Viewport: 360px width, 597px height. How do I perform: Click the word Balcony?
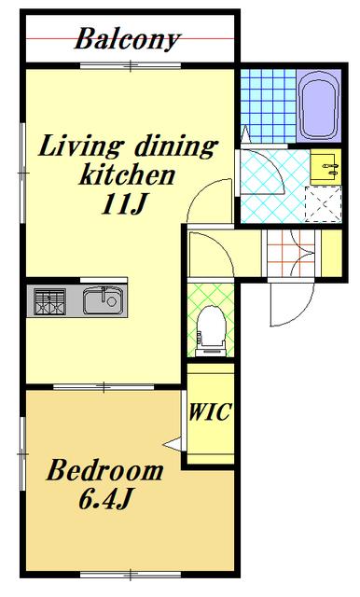pyautogui.click(x=128, y=39)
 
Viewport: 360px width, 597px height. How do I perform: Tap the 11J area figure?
pyautogui.click(x=124, y=204)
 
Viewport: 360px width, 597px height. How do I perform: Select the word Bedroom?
pyautogui.click(x=105, y=470)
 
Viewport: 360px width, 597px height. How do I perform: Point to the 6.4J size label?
pyautogui.click(x=105, y=498)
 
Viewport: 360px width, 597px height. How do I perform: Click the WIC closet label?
pyautogui.click(x=210, y=411)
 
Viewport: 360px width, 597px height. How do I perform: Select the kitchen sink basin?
pyautogui.click(x=104, y=300)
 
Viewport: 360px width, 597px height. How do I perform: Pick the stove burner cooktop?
pyautogui.click(x=49, y=301)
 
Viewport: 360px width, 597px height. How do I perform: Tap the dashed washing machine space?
pyautogui.click(x=324, y=204)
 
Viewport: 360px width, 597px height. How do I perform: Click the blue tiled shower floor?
pyautogui.click(x=269, y=105)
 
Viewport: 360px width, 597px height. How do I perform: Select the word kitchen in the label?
pyautogui.click(x=127, y=175)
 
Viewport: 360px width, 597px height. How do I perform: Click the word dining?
pyautogui.click(x=177, y=146)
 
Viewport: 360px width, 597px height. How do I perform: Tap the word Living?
pyautogui.click(x=80, y=146)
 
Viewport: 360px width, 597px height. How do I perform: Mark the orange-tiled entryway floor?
pyautogui.click(x=291, y=253)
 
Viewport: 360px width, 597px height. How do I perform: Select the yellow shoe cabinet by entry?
pyautogui.click(x=331, y=253)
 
